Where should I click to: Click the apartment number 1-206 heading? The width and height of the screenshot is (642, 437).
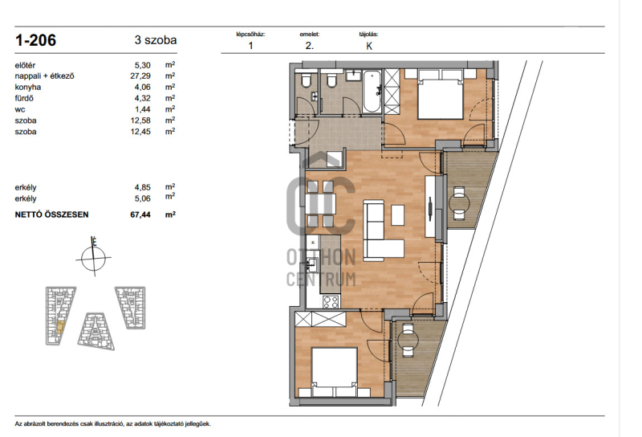[x=35, y=40]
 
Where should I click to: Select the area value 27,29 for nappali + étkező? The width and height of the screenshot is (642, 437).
[x=140, y=76]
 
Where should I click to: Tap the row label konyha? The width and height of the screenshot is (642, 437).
[x=28, y=87]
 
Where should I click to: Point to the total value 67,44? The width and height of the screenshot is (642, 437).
[x=140, y=214]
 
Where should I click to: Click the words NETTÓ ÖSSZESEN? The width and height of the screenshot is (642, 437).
[x=51, y=214]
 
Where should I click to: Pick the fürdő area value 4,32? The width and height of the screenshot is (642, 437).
[x=143, y=98]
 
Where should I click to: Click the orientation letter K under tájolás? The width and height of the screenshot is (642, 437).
[x=369, y=46]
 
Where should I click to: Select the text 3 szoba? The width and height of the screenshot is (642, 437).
[x=156, y=40]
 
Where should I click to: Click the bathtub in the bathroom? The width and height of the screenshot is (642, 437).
[x=372, y=92]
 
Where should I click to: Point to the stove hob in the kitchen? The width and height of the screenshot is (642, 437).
[x=331, y=302]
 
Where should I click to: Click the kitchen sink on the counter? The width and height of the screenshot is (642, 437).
[x=313, y=266]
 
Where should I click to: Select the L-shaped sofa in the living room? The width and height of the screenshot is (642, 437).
[x=379, y=231]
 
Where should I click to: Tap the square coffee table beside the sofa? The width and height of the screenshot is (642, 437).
[x=397, y=215]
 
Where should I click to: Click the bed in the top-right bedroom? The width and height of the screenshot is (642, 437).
[x=441, y=94]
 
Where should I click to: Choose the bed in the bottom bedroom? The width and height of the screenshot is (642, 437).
[x=335, y=372]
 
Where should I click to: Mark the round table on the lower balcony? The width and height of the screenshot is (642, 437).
[x=408, y=340]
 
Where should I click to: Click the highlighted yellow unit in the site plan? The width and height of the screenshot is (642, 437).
[x=60, y=327]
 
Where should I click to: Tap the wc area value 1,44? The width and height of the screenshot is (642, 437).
[x=143, y=109]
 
